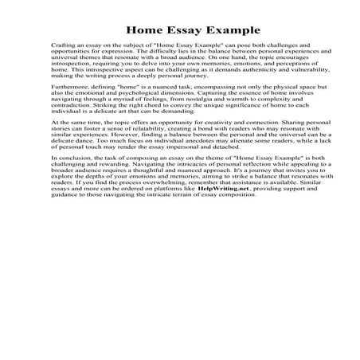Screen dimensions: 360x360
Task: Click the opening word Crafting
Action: click(x=63, y=49)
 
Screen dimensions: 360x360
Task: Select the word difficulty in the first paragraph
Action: click(x=174, y=56)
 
